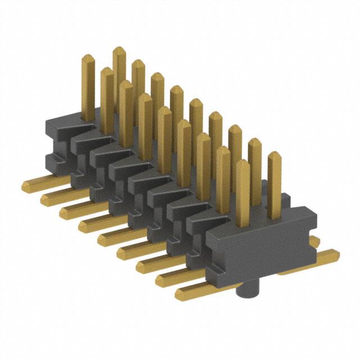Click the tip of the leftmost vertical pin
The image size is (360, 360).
[88, 59]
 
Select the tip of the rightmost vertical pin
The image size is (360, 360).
[274, 157]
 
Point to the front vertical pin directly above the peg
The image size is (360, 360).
[242, 191]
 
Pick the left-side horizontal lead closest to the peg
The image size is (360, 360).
[191, 291]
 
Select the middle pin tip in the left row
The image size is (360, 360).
[165, 112]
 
